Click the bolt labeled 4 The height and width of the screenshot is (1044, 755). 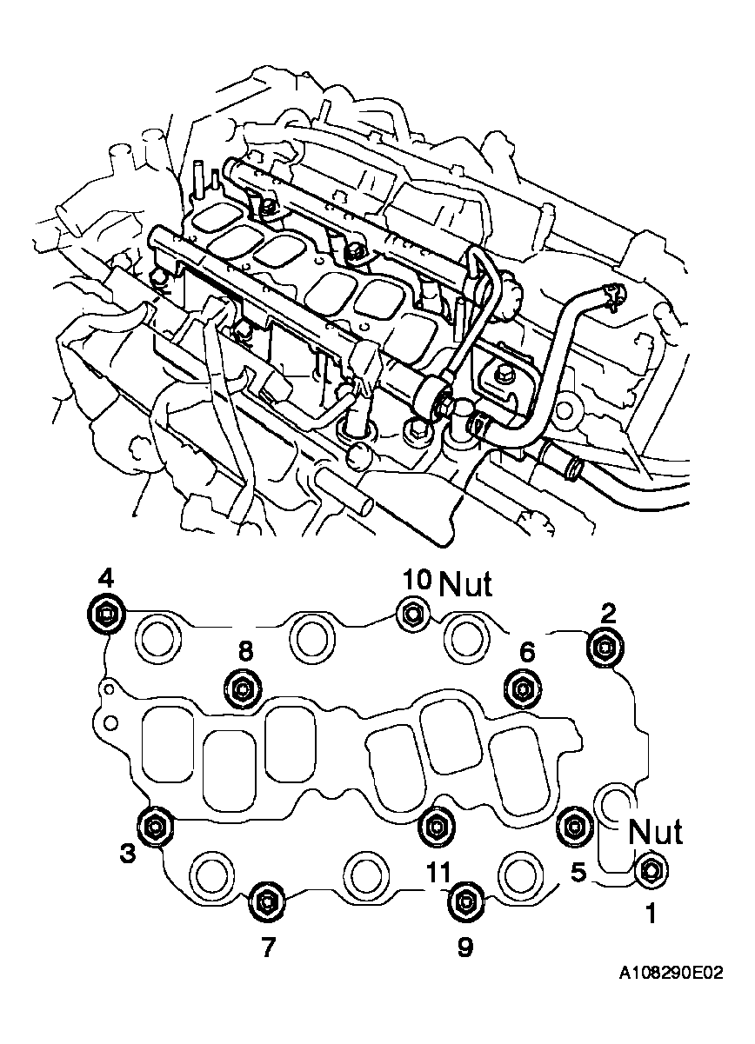pyautogui.click(x=105, y=615)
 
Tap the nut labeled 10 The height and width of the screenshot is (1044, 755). pyautogui.click(x=411, y=615)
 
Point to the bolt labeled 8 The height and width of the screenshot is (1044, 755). pyautogui.click(x=242, y=688)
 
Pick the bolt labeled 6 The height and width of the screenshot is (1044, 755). pyautogui.click(x=522, y=688)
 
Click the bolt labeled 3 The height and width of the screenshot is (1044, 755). pyautogui.click(x=156, y=824)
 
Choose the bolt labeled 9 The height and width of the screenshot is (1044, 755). pyautogui.click(x=465, y=902)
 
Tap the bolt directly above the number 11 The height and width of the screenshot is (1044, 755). pyautogui.click(x=435, y=826)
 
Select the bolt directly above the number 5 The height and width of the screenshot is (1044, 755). pyautogui.click(x=573, y=823)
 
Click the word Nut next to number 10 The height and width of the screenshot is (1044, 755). pyautogui.click(x=466, y=585)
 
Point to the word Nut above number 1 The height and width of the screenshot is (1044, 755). pyautogui.click(x=655, y=832)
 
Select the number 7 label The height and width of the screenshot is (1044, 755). pyautogui.click(x=268, y=947)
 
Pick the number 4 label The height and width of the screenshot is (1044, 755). pyautogui.click(x=104, y=577)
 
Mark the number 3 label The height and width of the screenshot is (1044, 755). pyautogui.click(x=128, y=854)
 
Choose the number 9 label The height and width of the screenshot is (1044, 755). pyautogui.click(x=465, y=947)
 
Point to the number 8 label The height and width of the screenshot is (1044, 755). pyautogui.click(x=246, y=650)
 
